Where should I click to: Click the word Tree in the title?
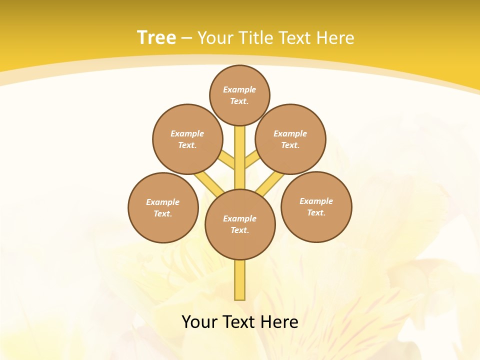156,38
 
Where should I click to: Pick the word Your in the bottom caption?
199,322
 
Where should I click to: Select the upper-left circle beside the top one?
187,139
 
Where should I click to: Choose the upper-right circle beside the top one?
290,139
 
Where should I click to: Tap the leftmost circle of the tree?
163,207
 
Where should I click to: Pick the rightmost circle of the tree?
316,206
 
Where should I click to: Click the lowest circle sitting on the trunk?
240,224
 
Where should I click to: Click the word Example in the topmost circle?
239,90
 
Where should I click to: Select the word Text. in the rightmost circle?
316,212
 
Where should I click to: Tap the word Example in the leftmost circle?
163,202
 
